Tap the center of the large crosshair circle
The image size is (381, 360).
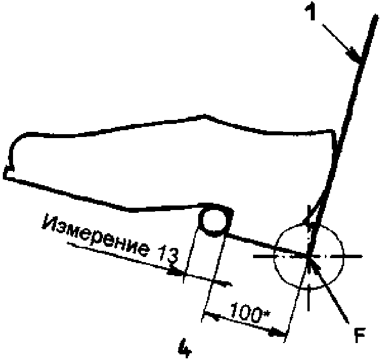[309, 256]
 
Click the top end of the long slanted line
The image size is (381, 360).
[375, 17]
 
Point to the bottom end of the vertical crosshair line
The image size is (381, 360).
[309, 308]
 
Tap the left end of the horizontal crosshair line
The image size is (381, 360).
[254, 256]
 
